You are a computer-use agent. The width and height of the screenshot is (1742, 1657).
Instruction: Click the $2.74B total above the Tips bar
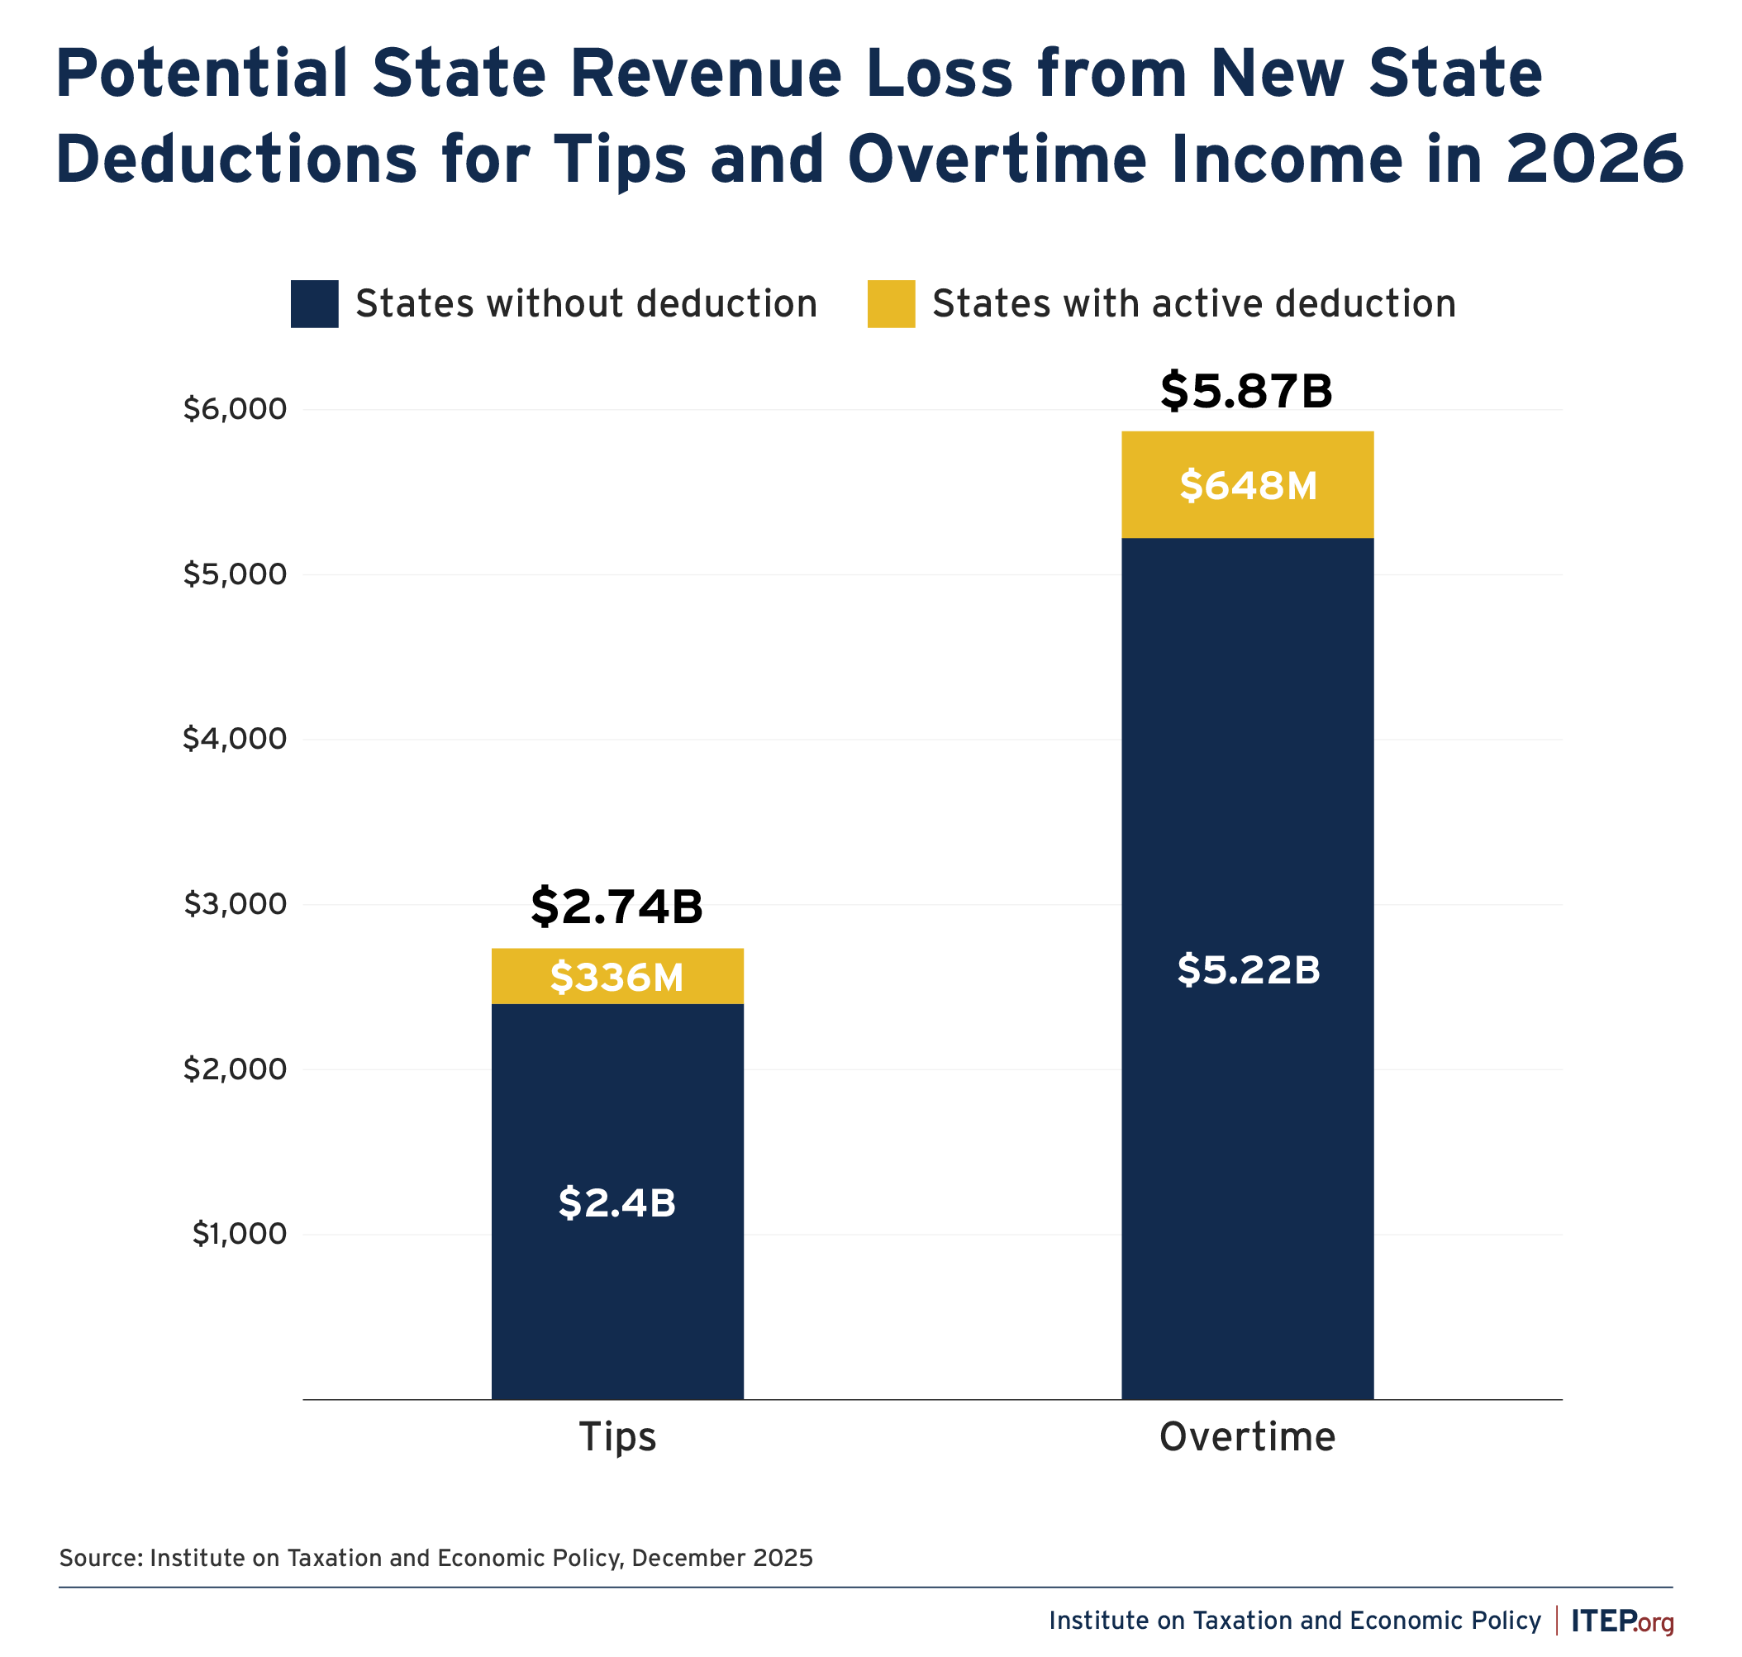pyautogui.click(x=616, y=907)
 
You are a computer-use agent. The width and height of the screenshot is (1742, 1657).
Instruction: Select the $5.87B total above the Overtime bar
pyautogui.click(x=1245, y=391)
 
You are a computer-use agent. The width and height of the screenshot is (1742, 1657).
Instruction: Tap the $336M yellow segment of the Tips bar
pyautogui.click(x=616, y=977)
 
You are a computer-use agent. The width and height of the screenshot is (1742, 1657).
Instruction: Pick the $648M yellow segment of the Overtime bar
pyautogui.click(x=1247, y=486)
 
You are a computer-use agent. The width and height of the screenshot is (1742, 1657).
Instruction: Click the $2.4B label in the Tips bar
pyautogui.click(x=616, y=1203)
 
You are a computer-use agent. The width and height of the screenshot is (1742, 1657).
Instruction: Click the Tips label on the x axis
pyautogui.click(x=617, y=1436)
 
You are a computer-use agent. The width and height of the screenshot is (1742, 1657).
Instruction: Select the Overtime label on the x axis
pyautogui.click(x=1246, y=1436)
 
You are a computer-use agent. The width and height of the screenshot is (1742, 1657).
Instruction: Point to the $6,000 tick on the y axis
pyautogui.click(x=235, y=409)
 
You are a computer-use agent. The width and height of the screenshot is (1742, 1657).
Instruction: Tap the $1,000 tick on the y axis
pyautogui.click(x=240, y=1234)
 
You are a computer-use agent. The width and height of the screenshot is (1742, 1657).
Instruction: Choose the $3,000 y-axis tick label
pyautogui.click(x=235, y=903)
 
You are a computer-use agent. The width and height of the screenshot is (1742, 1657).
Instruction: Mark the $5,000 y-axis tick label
pyautogui.click(x=235, y=574)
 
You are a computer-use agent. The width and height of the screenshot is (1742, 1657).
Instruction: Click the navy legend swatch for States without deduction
pyautogui.click(x=315, y=304)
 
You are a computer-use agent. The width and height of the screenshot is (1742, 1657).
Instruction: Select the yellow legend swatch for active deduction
pyautogui.click(x=891, y=304)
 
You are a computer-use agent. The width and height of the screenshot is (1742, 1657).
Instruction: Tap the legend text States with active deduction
pyautogui.click(x=1193, y=304)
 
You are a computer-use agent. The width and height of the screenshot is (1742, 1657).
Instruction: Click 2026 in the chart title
pyautogui.click(x=1594, y=159)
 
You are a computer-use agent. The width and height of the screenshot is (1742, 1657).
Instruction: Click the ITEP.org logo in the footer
pyautogui.click(x=1622, y=1621)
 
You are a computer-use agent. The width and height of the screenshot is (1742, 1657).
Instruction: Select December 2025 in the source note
pyautogui.click(x=721, y=1557)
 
